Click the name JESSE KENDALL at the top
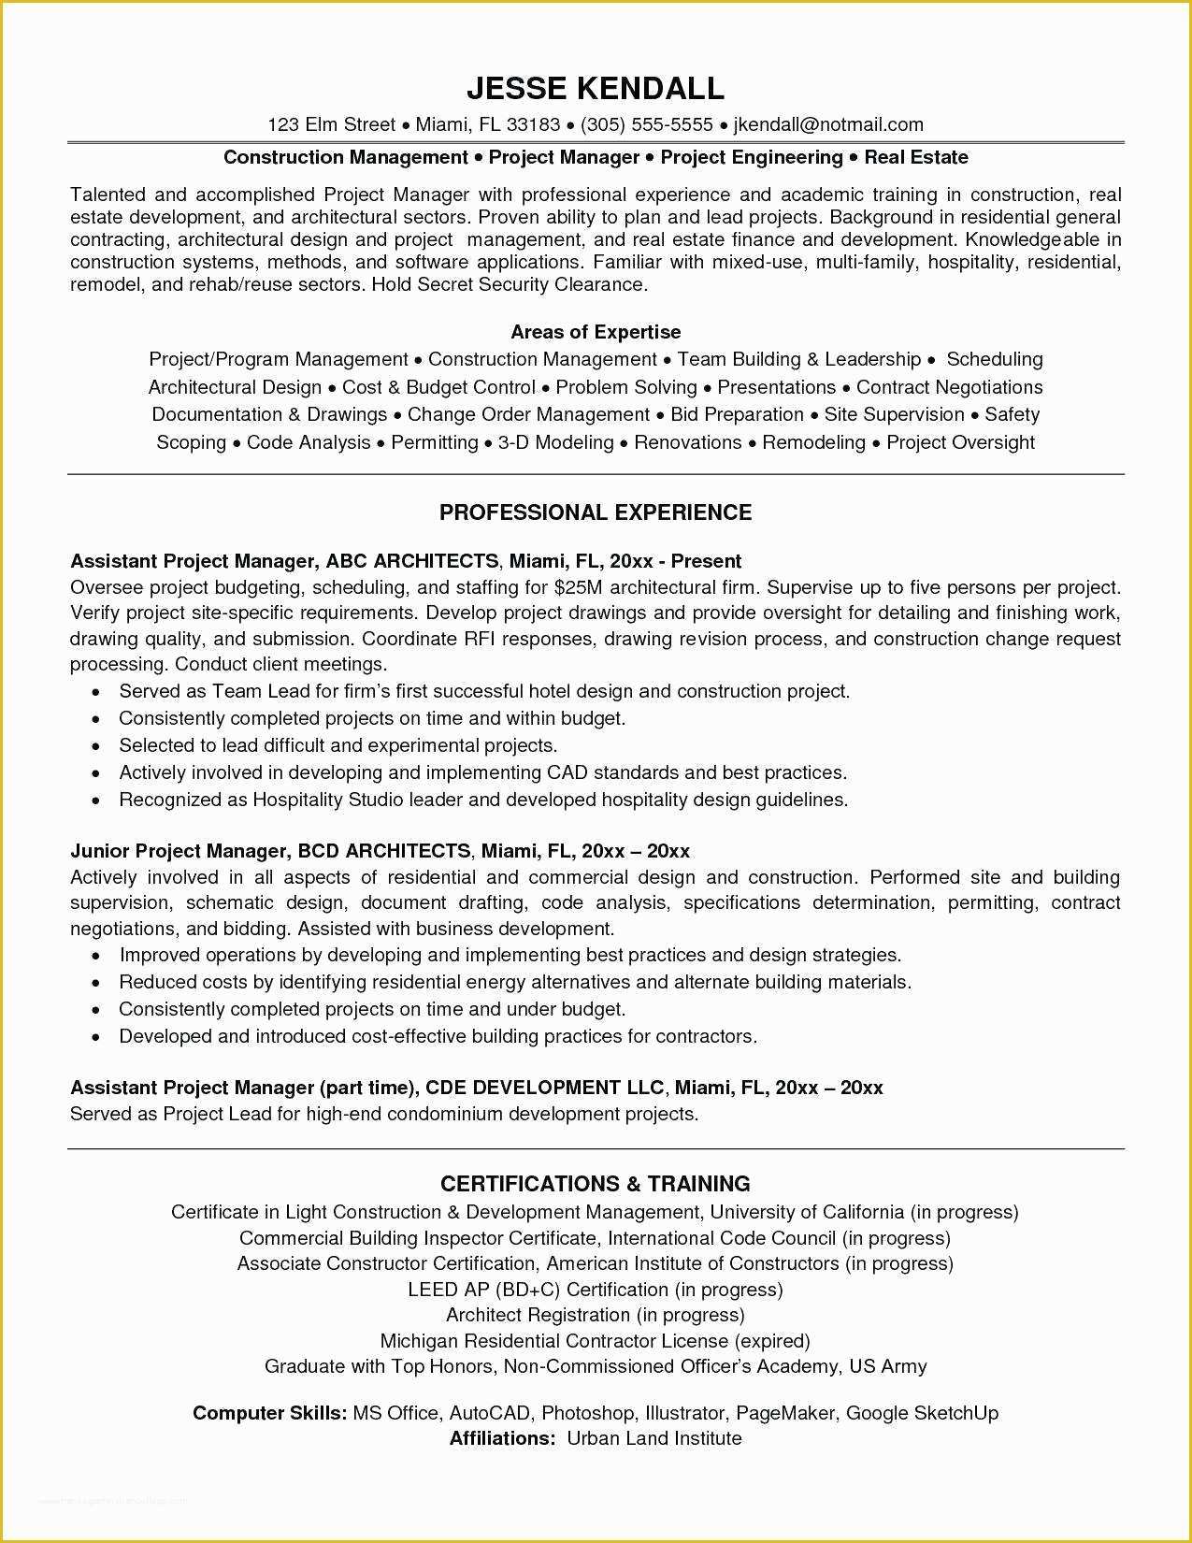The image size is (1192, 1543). click(x=596, y=88)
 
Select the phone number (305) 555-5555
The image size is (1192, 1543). click(x=647, y=124)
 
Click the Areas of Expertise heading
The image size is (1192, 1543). click(x=596, y=332)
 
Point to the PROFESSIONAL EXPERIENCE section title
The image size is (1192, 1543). click(x=596, y=512)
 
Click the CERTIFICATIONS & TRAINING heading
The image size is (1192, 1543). click(x=596, y=1184)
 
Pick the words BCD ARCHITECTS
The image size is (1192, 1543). click(x=383, y=851)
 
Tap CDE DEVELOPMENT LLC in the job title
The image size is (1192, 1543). click(x=544, y=1088)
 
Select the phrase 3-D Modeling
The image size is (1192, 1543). click(x=555, y=442)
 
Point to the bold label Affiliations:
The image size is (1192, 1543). click(x=503, y=1438)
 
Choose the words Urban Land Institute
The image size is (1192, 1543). click(x=654, y=1438)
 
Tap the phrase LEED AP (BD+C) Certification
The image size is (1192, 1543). click(x=538, y=1290)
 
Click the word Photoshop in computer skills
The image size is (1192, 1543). click(x=586, y=1413)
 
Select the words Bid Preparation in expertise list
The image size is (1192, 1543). click(x=737, y=414)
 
